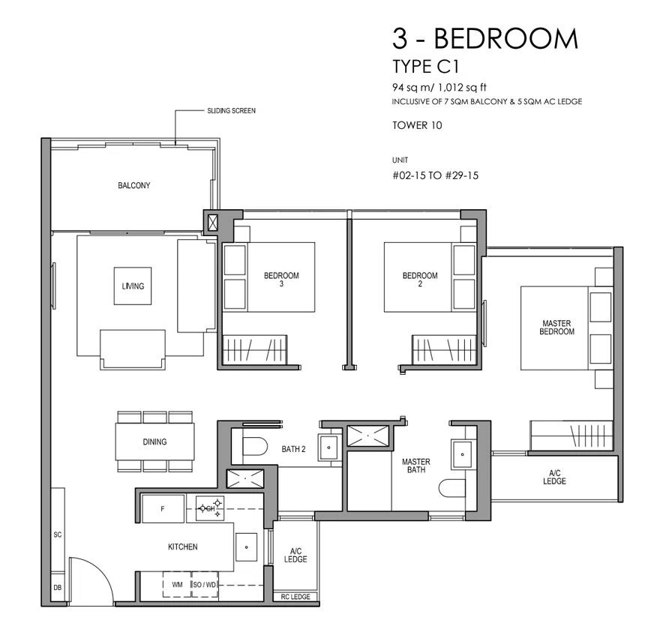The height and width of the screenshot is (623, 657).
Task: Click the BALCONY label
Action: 133,185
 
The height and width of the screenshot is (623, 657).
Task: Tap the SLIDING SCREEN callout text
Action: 231,111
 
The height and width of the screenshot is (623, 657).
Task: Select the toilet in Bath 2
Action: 255,446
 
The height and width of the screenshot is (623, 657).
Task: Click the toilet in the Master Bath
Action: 452,487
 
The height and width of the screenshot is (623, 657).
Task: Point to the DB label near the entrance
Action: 58,587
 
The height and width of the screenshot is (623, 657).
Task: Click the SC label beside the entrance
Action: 58,535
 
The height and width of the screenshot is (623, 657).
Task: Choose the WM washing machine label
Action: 177,585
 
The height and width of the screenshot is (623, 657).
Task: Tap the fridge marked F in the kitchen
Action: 163,508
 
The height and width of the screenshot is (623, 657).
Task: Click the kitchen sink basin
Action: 246,547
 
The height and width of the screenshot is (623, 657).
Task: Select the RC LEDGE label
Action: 295,597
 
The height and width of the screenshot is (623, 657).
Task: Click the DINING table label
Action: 154,442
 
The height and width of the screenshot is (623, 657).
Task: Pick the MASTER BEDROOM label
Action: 556,327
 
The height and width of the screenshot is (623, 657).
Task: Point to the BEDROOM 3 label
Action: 281,280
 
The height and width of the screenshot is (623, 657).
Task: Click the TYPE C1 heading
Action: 426,67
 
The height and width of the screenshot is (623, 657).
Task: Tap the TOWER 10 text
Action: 417,125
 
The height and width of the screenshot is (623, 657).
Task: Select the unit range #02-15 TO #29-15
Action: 435,175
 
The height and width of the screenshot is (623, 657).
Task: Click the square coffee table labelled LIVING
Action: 133,286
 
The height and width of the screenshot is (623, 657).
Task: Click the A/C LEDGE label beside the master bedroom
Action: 554,478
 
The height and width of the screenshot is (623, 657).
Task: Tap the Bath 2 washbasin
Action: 329,448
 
